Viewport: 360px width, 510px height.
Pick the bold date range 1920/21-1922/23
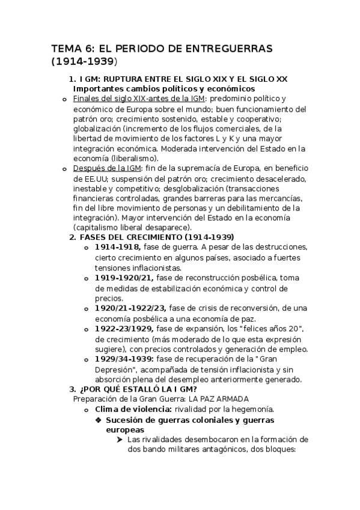130,309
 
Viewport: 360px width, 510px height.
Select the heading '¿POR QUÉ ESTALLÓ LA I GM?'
137,389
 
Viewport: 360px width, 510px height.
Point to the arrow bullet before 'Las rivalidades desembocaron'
121,440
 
